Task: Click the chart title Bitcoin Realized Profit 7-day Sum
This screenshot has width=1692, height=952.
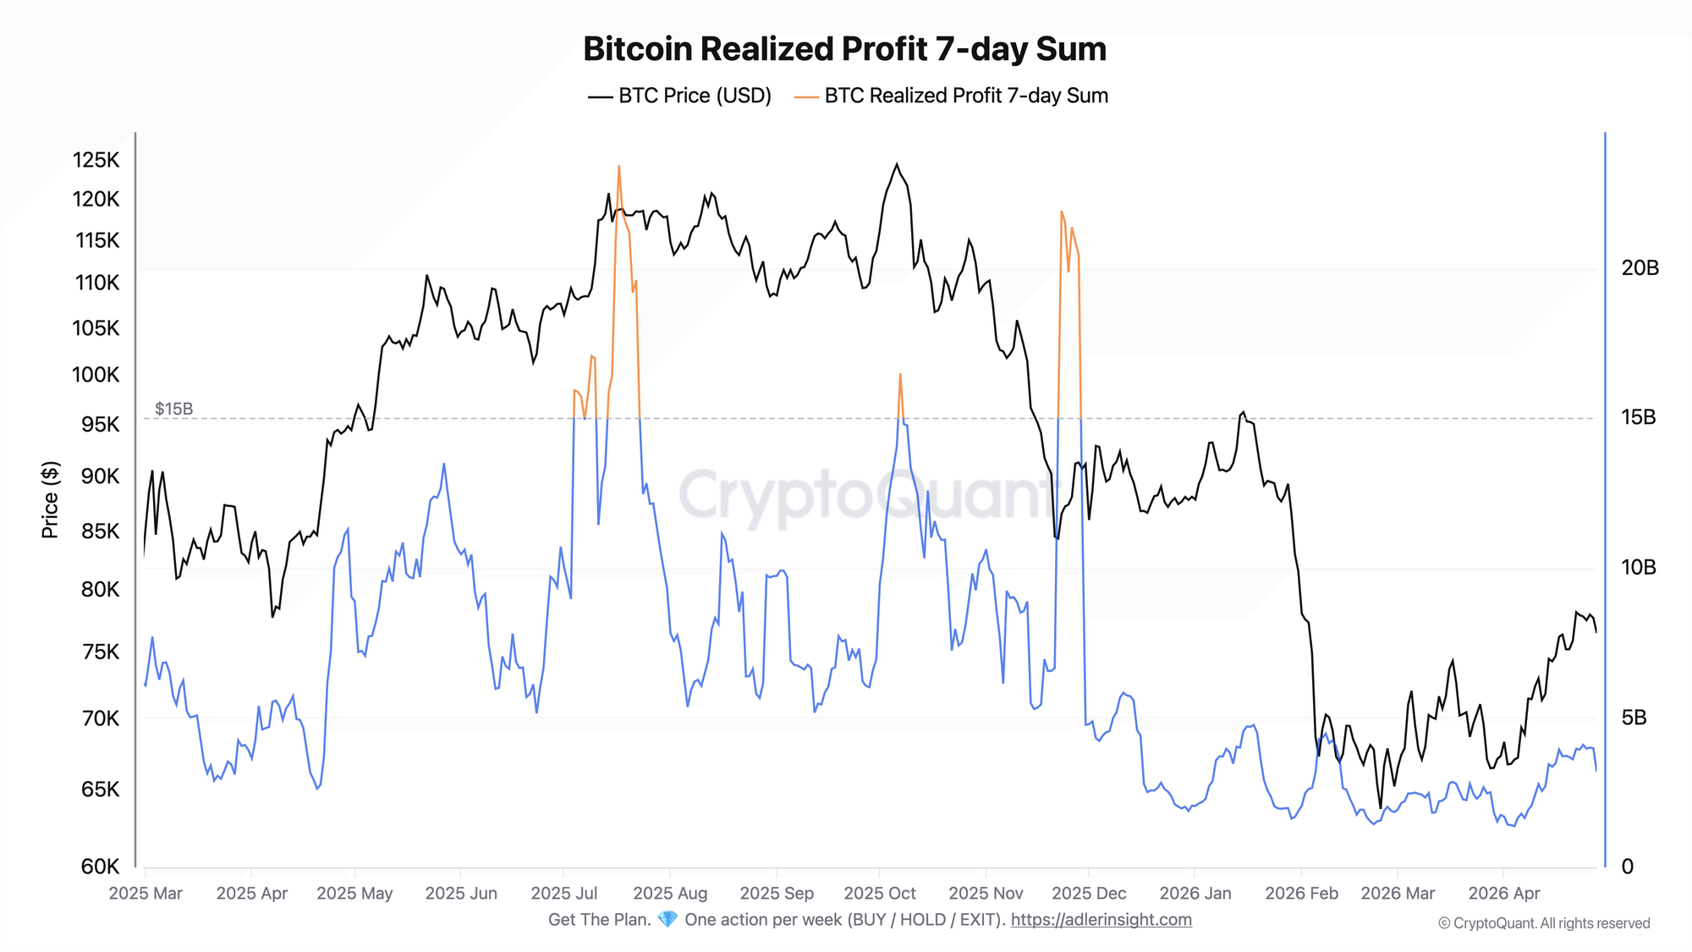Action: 844,49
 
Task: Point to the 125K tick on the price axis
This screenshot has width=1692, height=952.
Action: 96,160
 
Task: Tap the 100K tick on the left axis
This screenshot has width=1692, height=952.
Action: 96,374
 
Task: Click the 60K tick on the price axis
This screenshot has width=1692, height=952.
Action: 100,867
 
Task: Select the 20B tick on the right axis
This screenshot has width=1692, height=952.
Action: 1640,268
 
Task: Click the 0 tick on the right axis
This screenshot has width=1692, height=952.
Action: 1627,867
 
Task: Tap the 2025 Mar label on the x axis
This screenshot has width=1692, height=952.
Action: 146,894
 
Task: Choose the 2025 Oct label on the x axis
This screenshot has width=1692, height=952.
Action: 880,894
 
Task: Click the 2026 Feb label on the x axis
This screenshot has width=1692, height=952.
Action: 1301,894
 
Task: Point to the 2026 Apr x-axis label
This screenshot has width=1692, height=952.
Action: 1504,894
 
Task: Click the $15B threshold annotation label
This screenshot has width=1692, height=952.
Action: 173,409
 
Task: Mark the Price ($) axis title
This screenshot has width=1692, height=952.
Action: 50,500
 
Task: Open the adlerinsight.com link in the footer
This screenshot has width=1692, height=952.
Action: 1101,920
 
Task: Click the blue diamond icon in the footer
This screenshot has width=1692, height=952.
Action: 667,920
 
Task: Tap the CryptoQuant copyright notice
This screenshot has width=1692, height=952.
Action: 1544,923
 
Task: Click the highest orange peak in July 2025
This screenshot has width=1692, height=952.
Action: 618,167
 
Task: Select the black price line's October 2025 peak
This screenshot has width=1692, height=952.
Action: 897,164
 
